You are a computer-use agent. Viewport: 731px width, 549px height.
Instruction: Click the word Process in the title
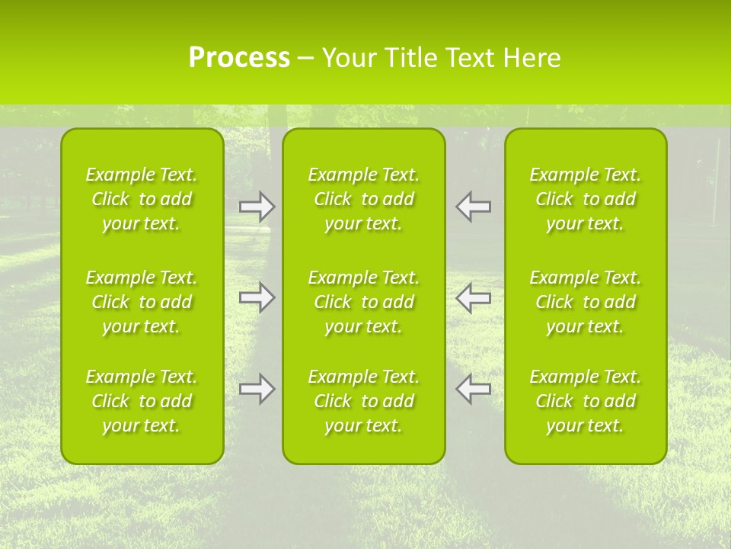coord(239,58)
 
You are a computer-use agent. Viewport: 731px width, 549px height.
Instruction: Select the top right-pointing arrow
coord(257,206)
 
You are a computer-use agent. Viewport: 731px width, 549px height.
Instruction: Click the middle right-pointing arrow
coord(257,297)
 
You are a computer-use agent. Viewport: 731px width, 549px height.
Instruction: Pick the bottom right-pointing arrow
coord(257,389)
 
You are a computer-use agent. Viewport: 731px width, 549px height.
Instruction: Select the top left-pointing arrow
coord(474,206)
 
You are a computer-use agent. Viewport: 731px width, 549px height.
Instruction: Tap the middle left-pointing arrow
coord(474,297)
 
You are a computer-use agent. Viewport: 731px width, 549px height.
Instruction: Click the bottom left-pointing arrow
coord(474,389)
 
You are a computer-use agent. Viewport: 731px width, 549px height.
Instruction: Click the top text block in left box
coord(142,199)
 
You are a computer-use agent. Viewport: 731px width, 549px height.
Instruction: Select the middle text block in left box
coord(142,302)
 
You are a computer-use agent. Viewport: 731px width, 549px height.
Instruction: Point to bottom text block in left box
coord(142,401)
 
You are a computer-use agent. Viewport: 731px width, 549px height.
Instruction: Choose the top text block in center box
coord(364,199)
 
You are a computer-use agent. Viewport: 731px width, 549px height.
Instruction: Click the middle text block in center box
coord(364,302)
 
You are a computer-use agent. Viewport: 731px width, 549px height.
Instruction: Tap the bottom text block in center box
coord(364,401)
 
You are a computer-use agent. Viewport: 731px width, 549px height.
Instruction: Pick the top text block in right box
coord(586,199)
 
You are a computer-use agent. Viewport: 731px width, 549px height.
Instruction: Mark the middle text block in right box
coord(586,302)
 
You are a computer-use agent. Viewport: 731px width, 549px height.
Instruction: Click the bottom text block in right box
coord(586,401)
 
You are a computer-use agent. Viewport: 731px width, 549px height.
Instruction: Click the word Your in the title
coord(350,58)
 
